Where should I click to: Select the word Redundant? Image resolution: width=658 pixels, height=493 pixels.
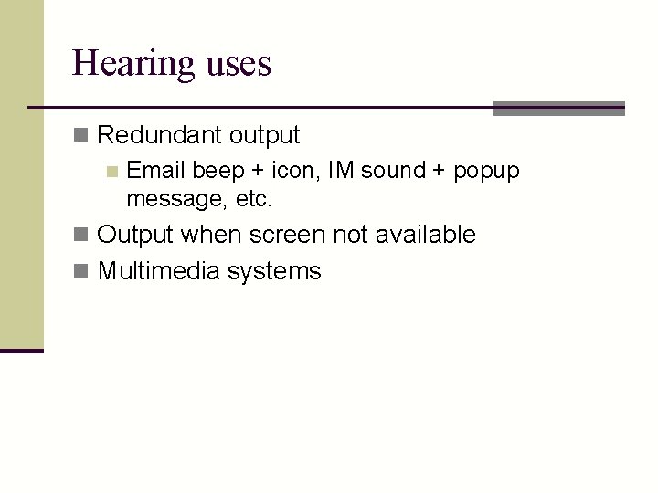pos(159,136)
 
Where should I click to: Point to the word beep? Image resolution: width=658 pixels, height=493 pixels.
pos(218,171)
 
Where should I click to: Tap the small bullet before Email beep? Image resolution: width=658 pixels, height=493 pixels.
pos(111,171)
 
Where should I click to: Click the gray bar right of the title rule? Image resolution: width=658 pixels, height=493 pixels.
pos(558,108)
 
